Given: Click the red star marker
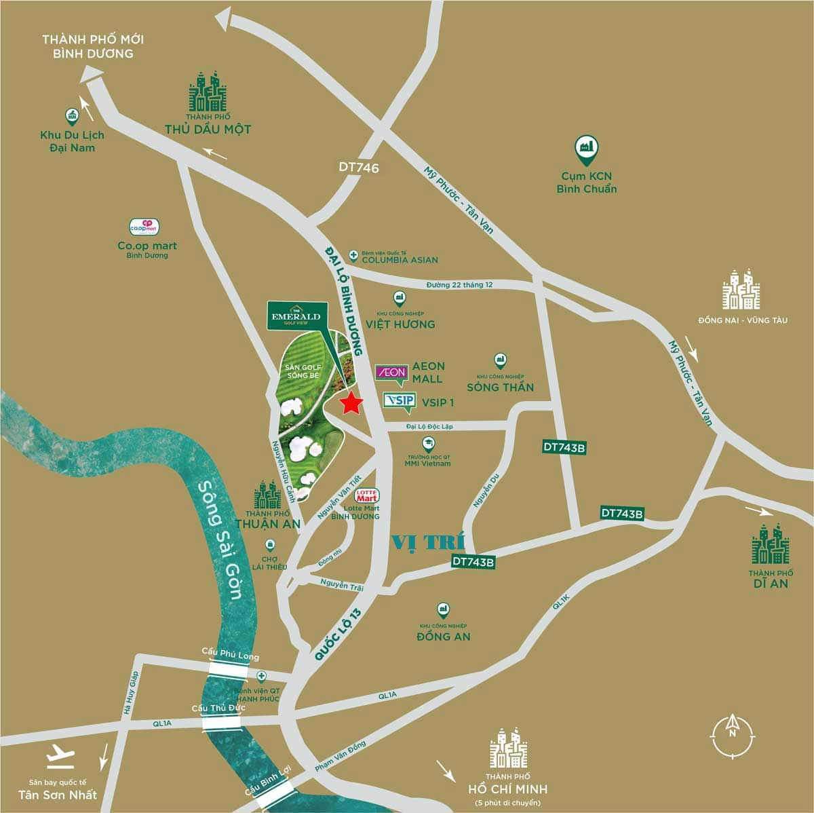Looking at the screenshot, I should [351, 403].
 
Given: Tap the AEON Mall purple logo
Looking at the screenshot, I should [391, 372].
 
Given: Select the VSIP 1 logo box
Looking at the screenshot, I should [399, 400].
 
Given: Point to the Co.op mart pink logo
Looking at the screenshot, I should [143, 226].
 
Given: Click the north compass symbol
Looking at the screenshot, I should [732, 732].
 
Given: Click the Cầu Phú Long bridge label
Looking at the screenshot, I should [230, 651].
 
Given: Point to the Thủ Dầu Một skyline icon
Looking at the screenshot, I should [208, 92].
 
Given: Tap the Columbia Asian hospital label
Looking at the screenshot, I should [399, 259].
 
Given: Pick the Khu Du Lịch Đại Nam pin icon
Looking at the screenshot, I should [71, 116].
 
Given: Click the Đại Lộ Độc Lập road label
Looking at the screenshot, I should [429, 426].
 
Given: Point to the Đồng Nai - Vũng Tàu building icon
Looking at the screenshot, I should [741, 290].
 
